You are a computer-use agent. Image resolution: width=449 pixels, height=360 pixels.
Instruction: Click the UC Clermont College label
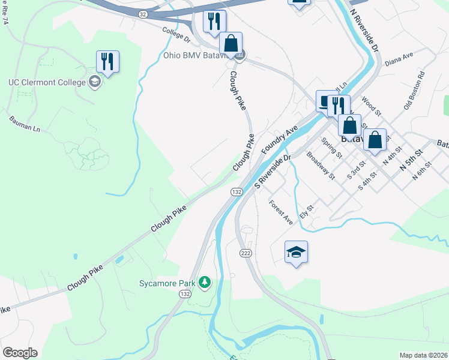(x=47, y=82)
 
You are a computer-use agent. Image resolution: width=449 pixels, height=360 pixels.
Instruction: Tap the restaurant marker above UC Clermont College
(x=107, y=62)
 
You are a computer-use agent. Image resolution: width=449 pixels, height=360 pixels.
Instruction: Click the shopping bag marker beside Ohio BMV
(x=231, y=43)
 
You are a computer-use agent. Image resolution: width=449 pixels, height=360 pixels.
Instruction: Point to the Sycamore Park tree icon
(x=205, y=281)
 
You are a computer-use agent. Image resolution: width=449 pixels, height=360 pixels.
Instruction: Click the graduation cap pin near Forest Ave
(x=295, y=252)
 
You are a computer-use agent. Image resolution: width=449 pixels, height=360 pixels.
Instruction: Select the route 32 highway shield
(x=142, y=14)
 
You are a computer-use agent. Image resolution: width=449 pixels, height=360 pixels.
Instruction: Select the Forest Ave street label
(x=280, y=212)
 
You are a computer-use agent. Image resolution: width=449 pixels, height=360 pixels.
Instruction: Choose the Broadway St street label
(x=320, y=165)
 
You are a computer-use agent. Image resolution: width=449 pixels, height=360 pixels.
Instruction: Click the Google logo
(x=20, y=353)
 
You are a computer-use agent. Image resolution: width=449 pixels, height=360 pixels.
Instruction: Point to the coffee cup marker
(x=327, y=102)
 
